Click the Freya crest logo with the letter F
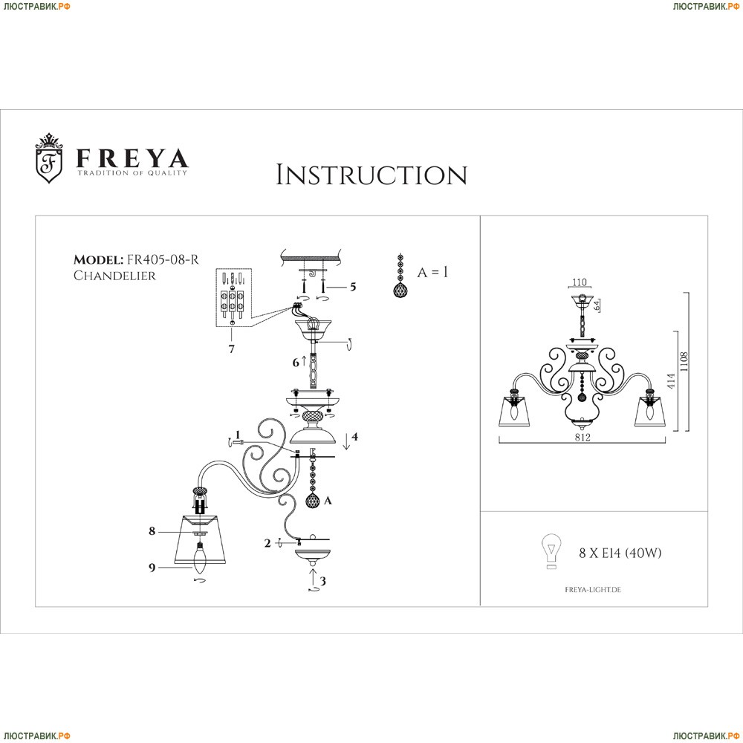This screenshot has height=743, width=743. coord(50,158)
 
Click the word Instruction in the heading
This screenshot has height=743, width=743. coord(371,175)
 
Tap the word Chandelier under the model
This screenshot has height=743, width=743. coord(115,275)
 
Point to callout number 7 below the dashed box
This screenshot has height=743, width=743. coord(232,348)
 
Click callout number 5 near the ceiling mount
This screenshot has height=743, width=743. coord(353,287)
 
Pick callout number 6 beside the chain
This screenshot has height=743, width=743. coord(296,363)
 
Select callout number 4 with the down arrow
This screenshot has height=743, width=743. coord(355,437)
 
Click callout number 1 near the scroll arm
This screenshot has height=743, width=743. coord(237,435)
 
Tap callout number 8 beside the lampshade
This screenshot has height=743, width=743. coord(152,531)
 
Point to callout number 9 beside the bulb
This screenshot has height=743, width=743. coord(152,568)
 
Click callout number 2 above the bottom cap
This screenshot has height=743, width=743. coord(267,543)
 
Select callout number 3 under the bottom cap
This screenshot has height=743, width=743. coord(322,581)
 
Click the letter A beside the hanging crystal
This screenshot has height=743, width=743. coord(328,502)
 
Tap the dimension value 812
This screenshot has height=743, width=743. coord(582,438)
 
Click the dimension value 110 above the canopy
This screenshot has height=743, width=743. coord(580,283)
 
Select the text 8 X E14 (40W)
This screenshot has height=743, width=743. coord(620,553)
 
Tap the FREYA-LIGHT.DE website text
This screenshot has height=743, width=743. coord(588,588)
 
